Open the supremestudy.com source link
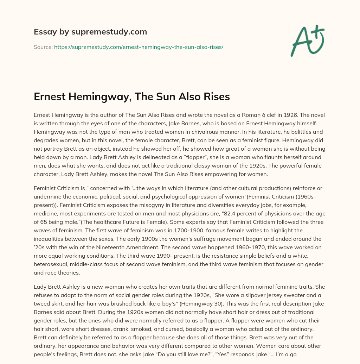[x=139, y=47]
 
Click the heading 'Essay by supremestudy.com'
[x=90, y=32]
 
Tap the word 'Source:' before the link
[x=43, y=47]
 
